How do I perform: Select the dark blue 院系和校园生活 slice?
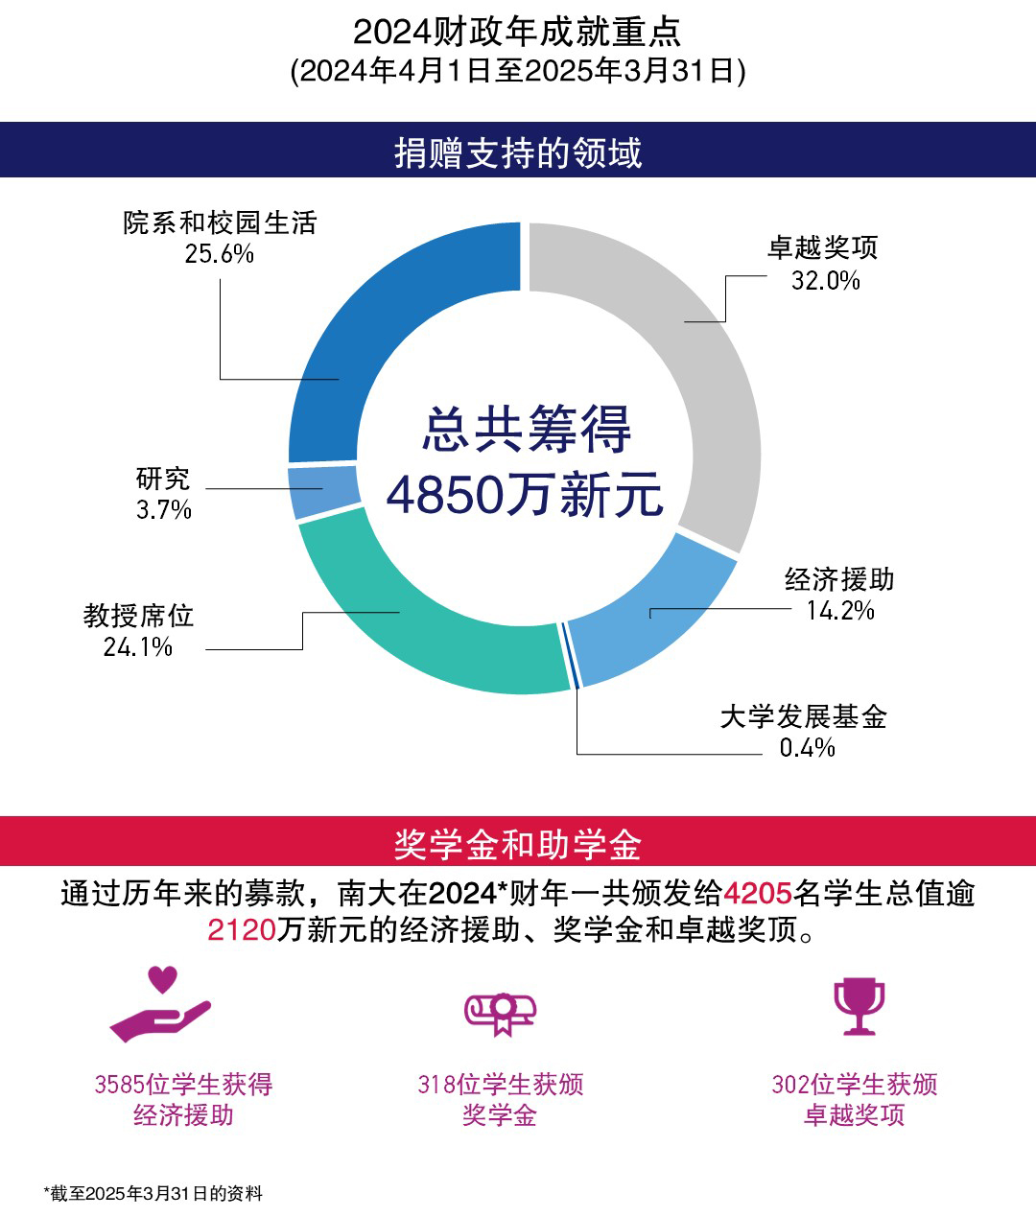384,316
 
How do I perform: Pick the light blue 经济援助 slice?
652,614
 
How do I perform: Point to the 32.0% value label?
825,280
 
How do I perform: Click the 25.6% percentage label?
220,254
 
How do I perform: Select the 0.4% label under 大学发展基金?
807,748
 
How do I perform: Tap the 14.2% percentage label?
840,611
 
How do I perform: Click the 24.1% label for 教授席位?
138,647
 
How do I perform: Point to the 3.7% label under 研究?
164,510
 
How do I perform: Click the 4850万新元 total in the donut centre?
525,496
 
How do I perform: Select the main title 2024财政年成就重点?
517,32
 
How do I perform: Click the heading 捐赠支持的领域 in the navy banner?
518,152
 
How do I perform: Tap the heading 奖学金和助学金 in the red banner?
518,844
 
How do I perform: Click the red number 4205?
757,894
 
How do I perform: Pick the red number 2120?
242,929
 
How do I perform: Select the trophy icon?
859,1006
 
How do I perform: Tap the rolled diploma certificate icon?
500,1013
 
